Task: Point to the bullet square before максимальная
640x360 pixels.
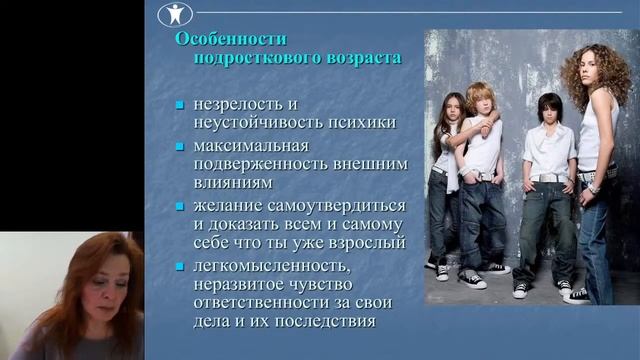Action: tap(180, 147)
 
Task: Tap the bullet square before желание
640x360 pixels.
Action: tap(180, 206)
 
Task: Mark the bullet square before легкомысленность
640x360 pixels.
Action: tap(180, 266)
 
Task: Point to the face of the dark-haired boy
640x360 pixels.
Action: tap(549, 113)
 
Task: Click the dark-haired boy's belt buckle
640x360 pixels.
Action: tap(547, 178)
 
